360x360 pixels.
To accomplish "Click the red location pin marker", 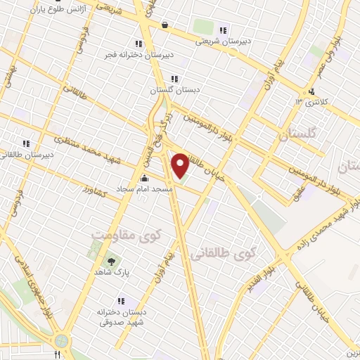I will (x=180, y=166).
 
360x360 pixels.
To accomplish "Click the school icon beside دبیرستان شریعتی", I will (x=223, y=30).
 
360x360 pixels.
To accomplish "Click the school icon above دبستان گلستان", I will (x=174, y=79).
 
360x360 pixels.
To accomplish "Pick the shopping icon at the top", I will (x=165, y=25).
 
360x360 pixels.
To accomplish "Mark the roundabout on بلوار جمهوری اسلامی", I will (x=61, y=340).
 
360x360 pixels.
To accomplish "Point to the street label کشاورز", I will (x=92, y=190).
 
